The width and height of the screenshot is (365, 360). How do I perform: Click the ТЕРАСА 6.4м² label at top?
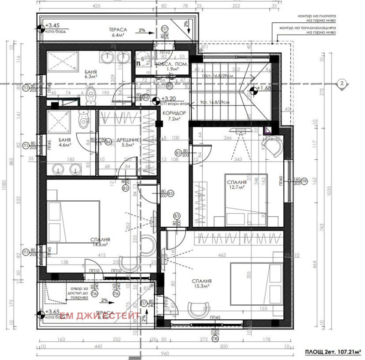pos(117,31)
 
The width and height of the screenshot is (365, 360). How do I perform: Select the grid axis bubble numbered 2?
pos(340,83)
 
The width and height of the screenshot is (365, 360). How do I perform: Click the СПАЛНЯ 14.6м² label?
pos(99,240)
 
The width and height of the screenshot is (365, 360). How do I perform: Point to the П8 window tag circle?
pos(214,339)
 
